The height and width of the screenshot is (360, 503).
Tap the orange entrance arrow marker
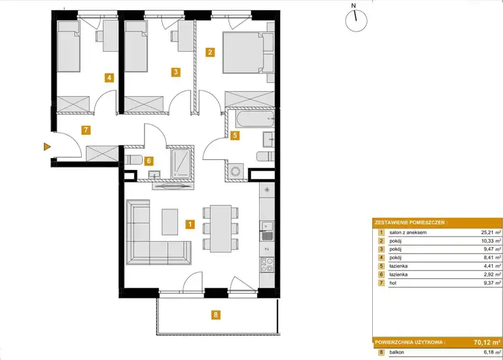pyautogui.click(x=47, y=147)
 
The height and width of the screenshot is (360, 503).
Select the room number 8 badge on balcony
pyautogui.click(x=216, y=315)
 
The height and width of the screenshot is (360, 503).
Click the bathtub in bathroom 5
pyautogui.click(x=255, y=119)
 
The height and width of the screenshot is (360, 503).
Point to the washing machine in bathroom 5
pyautogui.click(x=237, y=171)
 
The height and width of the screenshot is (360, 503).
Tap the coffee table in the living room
pyautogui.click(x=170, y=222)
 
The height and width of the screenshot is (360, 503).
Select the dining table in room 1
pyautogui.click(x=221, y=228)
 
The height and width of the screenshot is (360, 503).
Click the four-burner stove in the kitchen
pyautogui.click(x=267, y=265)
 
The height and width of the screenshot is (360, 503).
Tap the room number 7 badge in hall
pyautogui.click(x=86, y=130)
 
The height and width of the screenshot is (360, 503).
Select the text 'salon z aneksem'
pyautogui.click(x=407, y=232)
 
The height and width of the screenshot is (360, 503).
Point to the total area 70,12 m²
pyautogui.click(x=487, y=342)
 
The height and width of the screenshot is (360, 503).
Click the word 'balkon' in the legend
pyautogui.click(x=397, y=352)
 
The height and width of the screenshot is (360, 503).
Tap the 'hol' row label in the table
pyautogui.click(x=392, y=283)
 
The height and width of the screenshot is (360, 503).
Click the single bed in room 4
pyautogui.click(x=69, y=46)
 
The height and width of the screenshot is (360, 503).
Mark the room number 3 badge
pyautogui.click(x=175, y=72)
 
